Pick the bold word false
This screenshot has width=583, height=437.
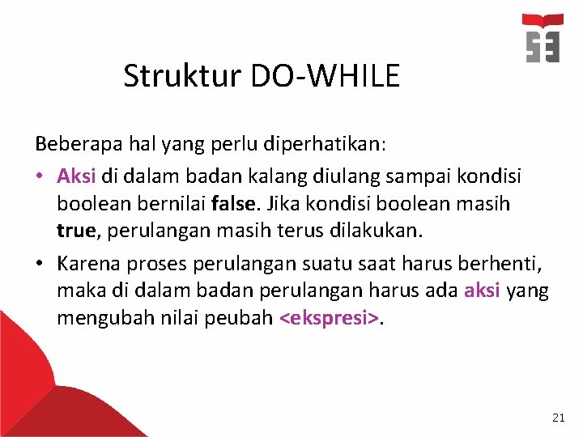click(x=231, y=202)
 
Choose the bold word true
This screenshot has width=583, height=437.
click(x=75, y=231)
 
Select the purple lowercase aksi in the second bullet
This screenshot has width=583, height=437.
click(x=482, y=290)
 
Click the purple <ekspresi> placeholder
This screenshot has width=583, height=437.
click(x=328, y=318)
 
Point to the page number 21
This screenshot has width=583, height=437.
click(x=558, y=418)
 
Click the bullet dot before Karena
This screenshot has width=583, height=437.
click(x=41, y=262)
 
